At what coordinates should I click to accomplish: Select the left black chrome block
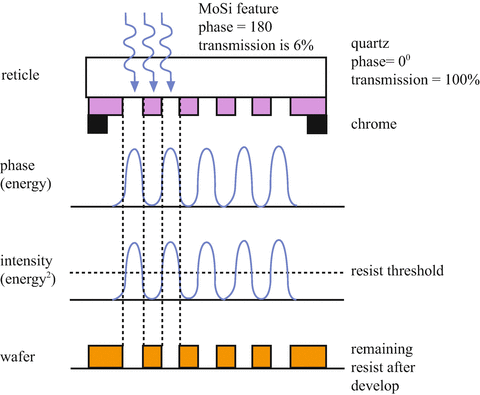[98, 124]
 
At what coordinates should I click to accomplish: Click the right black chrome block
[317, 124]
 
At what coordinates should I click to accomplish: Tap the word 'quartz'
[372, 45]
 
